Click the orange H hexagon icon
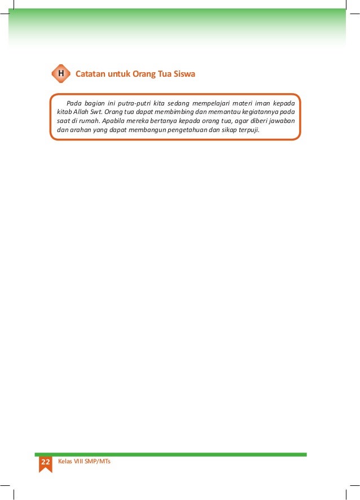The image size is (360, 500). [x=60, y=74]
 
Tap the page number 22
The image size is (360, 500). [x=45, y=462]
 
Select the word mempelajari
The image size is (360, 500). [x=213, y=103]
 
